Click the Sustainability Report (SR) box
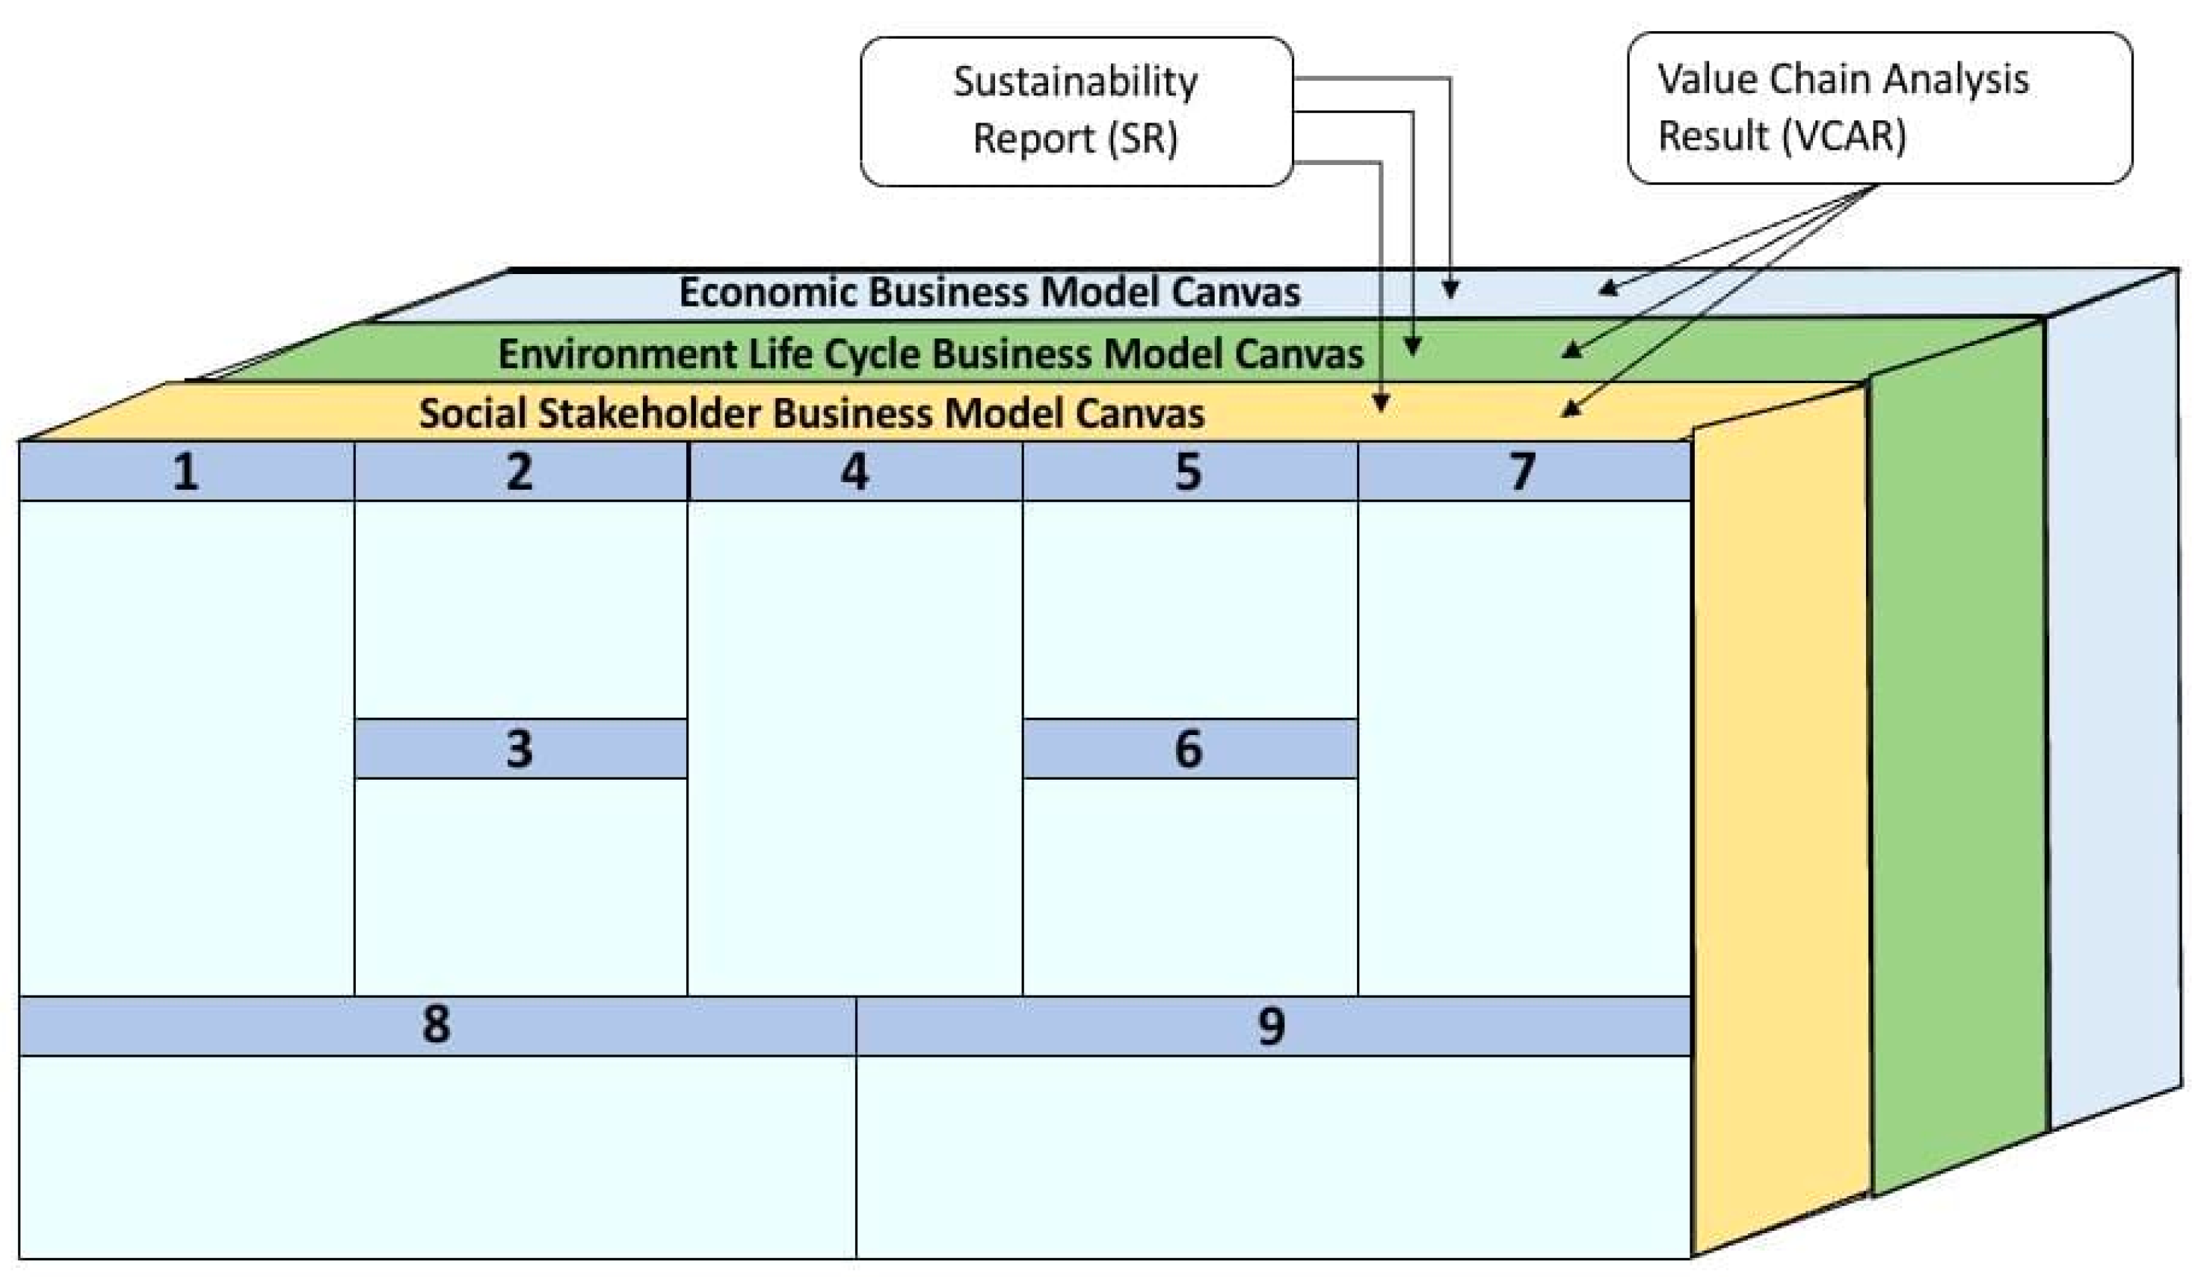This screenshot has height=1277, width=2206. pyautogui.click(x=1076, y=111)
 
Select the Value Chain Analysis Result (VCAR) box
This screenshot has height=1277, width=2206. pyautogui.click(x=1879, y=108)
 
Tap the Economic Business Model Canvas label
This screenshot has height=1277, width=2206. pyautogui.click(x=989, y=292)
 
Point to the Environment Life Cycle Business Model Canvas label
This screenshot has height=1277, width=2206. pyautogui.click(x=931, y=354)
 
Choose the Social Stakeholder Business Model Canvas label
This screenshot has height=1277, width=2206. pyautogui.click(x=812, y=413)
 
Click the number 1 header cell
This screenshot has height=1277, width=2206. pyautogui.click(x=186, y=472)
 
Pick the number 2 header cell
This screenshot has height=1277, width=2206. pyautogui.click(x=520, y=472)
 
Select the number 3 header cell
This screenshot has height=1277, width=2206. pyautogui.click(x=520, y=749)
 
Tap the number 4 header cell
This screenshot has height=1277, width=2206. pyautogui.click(x=854, y=472)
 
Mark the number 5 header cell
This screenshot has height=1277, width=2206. pyautogui.click(x=1189, y=472)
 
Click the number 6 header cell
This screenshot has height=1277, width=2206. pyautogui.click(x=1189, y=749)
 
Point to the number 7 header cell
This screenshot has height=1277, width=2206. pyautogui.click(x=1523, y=472)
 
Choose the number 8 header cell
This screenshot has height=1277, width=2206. pyautogui.click(x=436, y=1025)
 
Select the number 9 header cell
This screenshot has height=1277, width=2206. pyautogui.click(x=1272, y=1025)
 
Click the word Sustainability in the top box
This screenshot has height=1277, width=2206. pyautogui.click(x=1076, y=83)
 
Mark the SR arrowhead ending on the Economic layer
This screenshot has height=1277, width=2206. pyautogui.click(x=1450, y=290)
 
